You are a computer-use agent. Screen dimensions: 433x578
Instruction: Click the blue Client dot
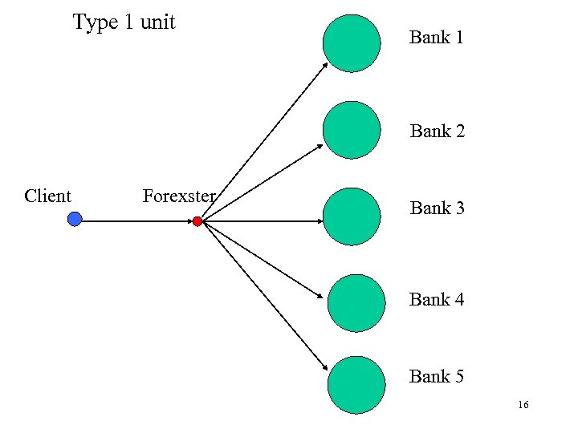(75, 219)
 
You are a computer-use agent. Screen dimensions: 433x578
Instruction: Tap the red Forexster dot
(197, 221)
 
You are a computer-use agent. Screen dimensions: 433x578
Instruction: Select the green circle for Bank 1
(352, 43)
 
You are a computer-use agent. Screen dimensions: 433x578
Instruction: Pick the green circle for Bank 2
(352, 130)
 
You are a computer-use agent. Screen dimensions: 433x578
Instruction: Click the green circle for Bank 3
(351, 216)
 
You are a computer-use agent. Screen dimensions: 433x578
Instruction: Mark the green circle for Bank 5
(356, 386)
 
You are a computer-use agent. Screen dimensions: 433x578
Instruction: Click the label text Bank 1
(436, 37)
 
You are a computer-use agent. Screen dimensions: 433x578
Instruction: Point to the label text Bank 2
(438, 131)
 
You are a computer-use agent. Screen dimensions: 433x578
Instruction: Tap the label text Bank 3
(438, 208)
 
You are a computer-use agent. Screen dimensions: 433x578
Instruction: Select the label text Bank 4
(437, 299)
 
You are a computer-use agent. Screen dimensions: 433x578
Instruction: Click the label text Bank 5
(437, 375)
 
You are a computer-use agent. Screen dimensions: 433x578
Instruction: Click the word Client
(47, 196)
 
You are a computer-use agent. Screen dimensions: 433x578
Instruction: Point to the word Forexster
(178, 196)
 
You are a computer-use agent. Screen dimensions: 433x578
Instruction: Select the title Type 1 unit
(124, 22)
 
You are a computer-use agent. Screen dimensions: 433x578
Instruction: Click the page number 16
(523, 406)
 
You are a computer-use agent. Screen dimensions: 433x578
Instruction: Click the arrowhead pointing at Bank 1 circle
(325, 65)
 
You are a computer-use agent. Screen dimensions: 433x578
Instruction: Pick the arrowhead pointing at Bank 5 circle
(325, 366)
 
